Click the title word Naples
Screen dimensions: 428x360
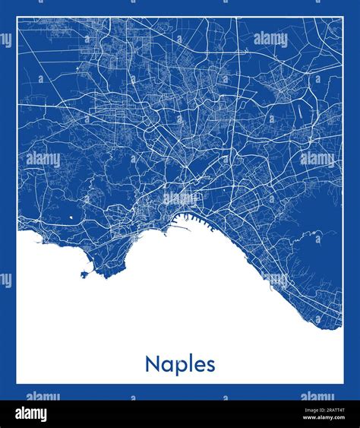(x=180, y=364)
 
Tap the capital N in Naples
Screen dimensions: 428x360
(x=151, y=363)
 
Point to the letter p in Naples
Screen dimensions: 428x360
(x=176, y=366)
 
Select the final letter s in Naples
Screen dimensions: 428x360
(x=210, y=365)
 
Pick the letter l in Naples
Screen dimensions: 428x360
(x=188, y=363)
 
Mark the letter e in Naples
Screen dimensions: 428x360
(x=198, y=365)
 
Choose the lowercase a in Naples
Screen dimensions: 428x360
(x=164, y=365)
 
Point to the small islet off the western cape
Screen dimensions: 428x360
(x=81, y=274)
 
